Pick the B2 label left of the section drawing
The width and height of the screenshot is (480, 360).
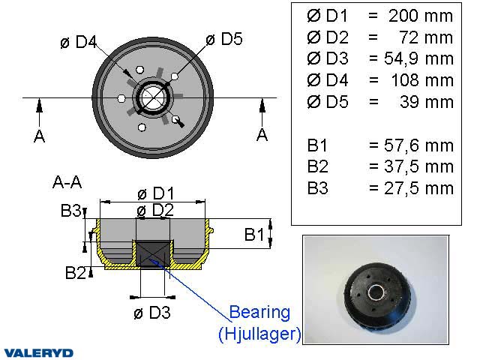point(75,273)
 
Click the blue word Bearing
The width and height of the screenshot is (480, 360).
point(259,312)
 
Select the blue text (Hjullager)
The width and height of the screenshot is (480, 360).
point(259,334)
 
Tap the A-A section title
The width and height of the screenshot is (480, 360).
point(67,181)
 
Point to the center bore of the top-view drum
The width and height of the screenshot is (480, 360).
point(153,97)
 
